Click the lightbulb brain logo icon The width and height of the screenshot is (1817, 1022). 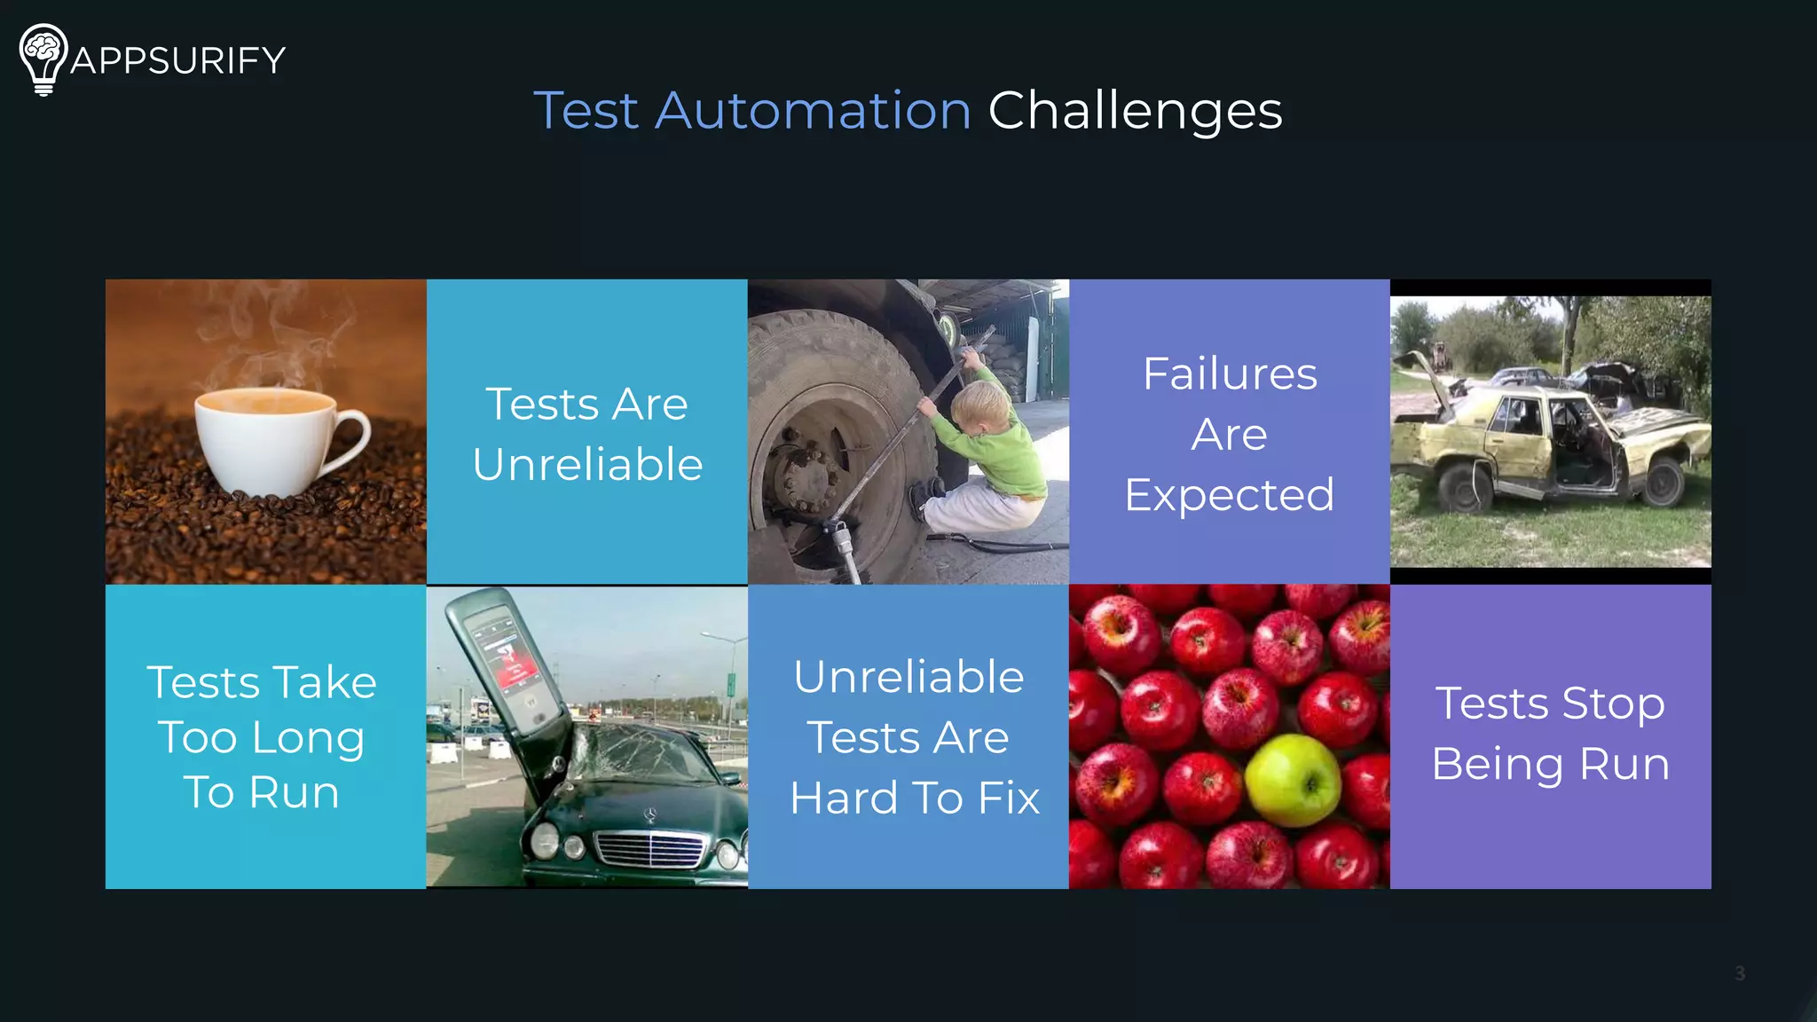[x=43, y=59]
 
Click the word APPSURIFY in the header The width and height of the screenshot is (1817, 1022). [x=177, y=60]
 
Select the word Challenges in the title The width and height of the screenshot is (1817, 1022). [x=1135, y=111]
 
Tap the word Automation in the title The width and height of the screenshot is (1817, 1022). [x=813, y=111]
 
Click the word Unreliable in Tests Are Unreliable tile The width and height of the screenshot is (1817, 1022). [x=587, y=464]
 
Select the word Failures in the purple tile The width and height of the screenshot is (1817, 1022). [x=1230, y=373]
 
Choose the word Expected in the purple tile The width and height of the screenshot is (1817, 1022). [x=1230, y=494]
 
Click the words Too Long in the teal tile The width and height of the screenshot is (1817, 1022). [x=262, y=737]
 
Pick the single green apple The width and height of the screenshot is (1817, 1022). [x=1293, y=779]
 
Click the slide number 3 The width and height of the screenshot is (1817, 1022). [x=1740, y=973]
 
